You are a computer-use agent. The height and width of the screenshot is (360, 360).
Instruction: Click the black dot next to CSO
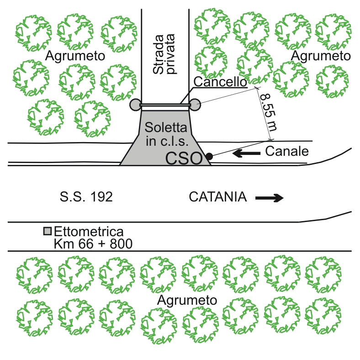(x=209, y=157)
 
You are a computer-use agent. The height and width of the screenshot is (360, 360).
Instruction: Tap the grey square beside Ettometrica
(x=48, y=231)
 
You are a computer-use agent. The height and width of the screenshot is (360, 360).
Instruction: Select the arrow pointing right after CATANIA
(x=270, y=198)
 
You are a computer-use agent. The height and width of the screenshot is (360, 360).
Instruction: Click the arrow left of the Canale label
(x=246, y=153)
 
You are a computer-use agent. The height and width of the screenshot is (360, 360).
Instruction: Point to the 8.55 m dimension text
(x=269, y=112)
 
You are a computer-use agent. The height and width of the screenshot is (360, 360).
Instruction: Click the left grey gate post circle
(x=136, y=105)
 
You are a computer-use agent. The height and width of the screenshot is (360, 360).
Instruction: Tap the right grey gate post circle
(x=195, y=105)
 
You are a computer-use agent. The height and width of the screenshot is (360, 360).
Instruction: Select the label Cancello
(x=220, y=81)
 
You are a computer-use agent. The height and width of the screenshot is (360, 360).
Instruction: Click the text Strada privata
(x=164, y=54)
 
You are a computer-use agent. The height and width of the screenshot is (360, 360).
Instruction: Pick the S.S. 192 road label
(x=86, y=197)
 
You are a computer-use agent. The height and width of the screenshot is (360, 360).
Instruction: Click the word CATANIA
(x=217, y=197)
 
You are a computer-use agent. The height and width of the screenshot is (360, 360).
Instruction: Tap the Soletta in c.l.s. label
(x=166, y=134)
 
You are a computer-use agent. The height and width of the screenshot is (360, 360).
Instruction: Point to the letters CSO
(x=184, y=159)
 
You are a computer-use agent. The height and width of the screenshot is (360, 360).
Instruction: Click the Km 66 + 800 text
(x=93, y=244)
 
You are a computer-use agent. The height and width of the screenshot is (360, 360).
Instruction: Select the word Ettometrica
(x=89, y=232)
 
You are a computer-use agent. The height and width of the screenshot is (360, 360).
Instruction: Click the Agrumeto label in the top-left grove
(x=75, y=56)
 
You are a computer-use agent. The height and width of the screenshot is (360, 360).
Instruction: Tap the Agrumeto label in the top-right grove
(x=321, y=56)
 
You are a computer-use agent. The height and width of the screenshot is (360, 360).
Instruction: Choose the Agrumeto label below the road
(x=187, y=300)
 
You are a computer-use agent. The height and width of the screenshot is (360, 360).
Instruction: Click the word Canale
(x=287, y=151)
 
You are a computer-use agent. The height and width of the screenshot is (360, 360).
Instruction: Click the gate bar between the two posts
(x=165, y=105)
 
